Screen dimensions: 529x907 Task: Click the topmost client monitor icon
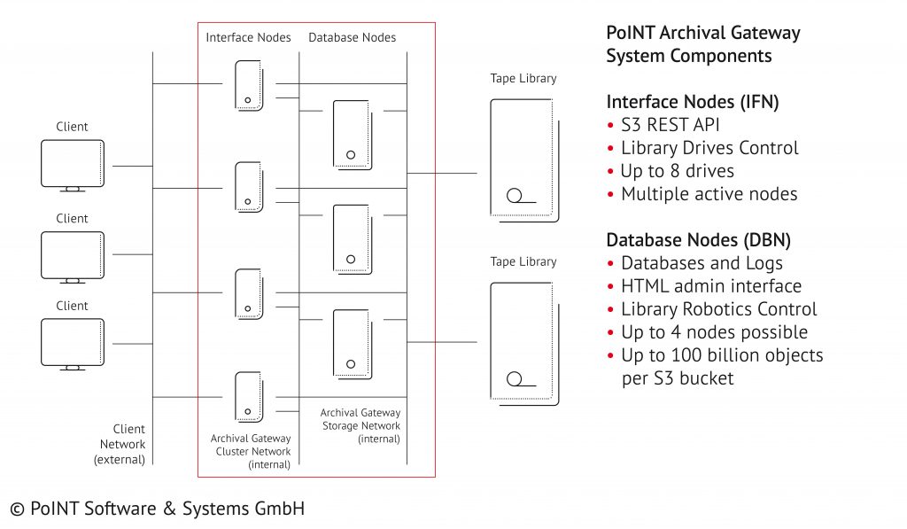(73, 164)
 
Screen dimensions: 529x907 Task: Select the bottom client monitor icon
(73, 343)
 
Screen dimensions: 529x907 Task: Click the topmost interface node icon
(249, 85)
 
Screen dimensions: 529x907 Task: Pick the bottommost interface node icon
(249, 397)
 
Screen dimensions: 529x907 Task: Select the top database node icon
(351, 136)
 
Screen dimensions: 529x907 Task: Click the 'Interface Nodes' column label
(247, 37)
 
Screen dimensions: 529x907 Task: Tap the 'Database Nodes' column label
(352, 37)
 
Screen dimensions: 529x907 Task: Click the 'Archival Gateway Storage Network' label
(360, 425)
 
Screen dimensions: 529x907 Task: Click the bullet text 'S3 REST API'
(670, 125)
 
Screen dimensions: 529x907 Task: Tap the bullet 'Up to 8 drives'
(677, 171)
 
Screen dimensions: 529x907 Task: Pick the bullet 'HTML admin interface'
(710, 286)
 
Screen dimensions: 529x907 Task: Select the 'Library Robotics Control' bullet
(718, 309)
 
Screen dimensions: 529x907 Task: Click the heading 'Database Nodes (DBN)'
(698, 240)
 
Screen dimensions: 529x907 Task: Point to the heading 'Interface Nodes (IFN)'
(692, 102)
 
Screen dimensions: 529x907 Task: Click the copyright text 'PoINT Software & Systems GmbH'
(158, 509)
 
